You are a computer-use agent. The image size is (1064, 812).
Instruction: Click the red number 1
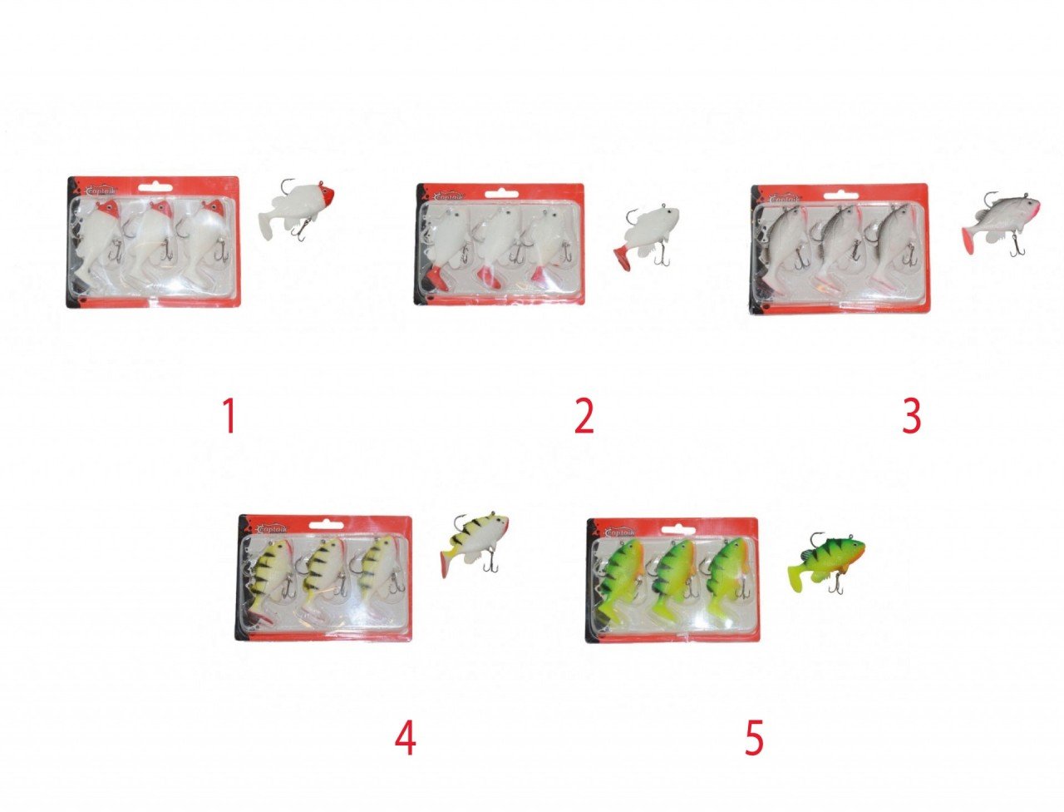229,416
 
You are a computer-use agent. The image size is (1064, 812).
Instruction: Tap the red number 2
584,416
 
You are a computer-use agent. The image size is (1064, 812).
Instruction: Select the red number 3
912,416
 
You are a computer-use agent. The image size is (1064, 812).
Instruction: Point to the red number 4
405,737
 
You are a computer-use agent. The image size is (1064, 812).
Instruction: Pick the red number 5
753,737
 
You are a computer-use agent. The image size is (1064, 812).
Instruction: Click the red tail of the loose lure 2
624,258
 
